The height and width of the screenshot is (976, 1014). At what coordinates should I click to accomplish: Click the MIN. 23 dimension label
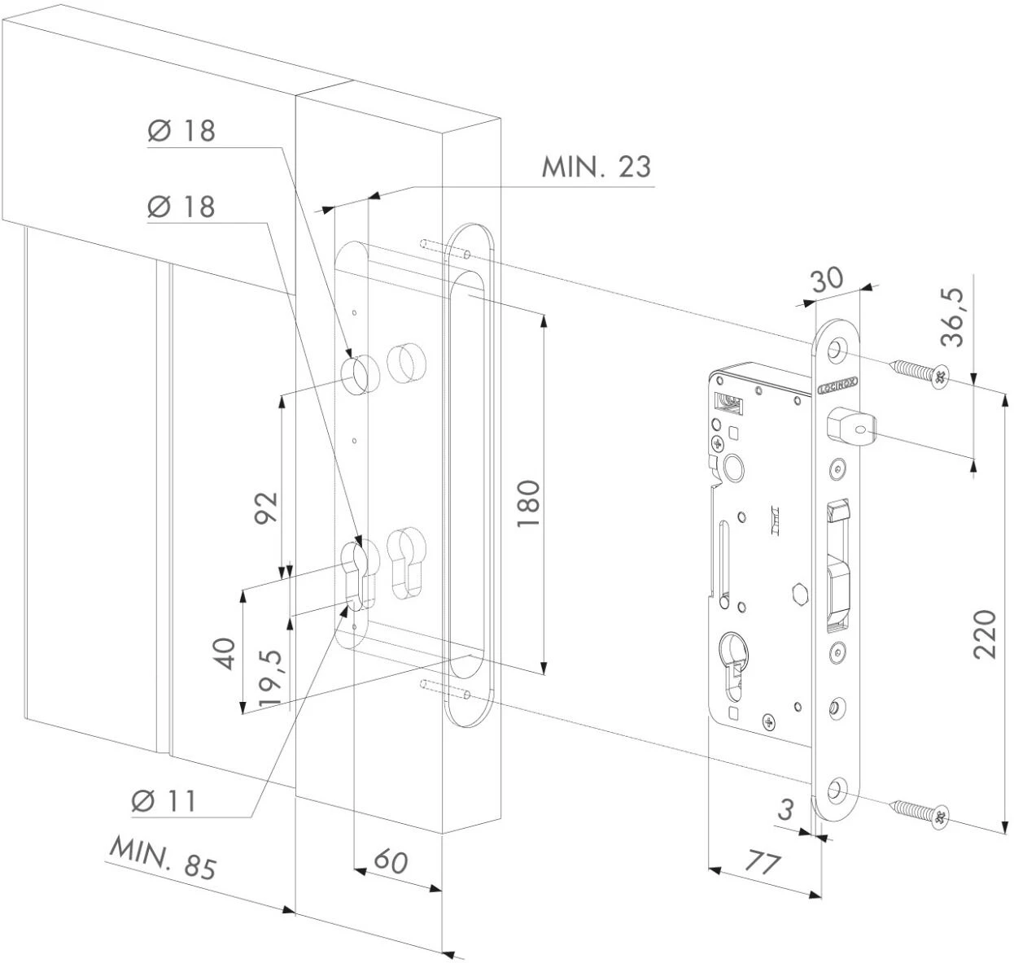[x=597, y=167]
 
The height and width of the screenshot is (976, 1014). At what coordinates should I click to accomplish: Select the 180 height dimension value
[x=528, y=503]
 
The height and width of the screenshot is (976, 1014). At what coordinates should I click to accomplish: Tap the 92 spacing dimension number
[x=266, y=509]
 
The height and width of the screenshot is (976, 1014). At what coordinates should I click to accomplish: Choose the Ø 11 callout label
[x=164, y=801]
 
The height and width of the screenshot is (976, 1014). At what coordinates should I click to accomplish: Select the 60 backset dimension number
[x=391, y=861]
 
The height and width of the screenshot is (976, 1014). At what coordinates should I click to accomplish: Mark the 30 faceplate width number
[x=826, y=281]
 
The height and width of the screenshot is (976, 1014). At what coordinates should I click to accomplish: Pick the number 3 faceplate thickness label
[x=785, y=810]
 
